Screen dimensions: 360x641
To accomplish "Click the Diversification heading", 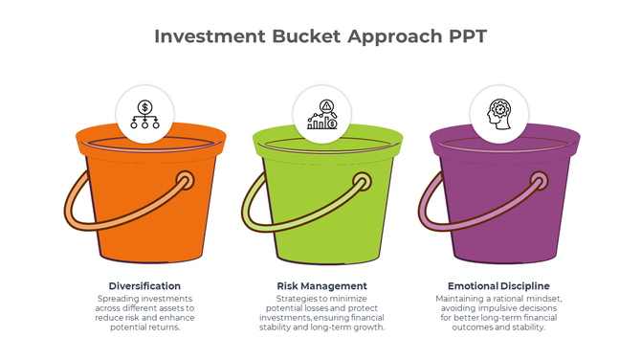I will point(144,285).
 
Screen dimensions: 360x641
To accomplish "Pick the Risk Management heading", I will point(321,285).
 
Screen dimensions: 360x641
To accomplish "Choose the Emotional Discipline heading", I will point(497,285).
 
